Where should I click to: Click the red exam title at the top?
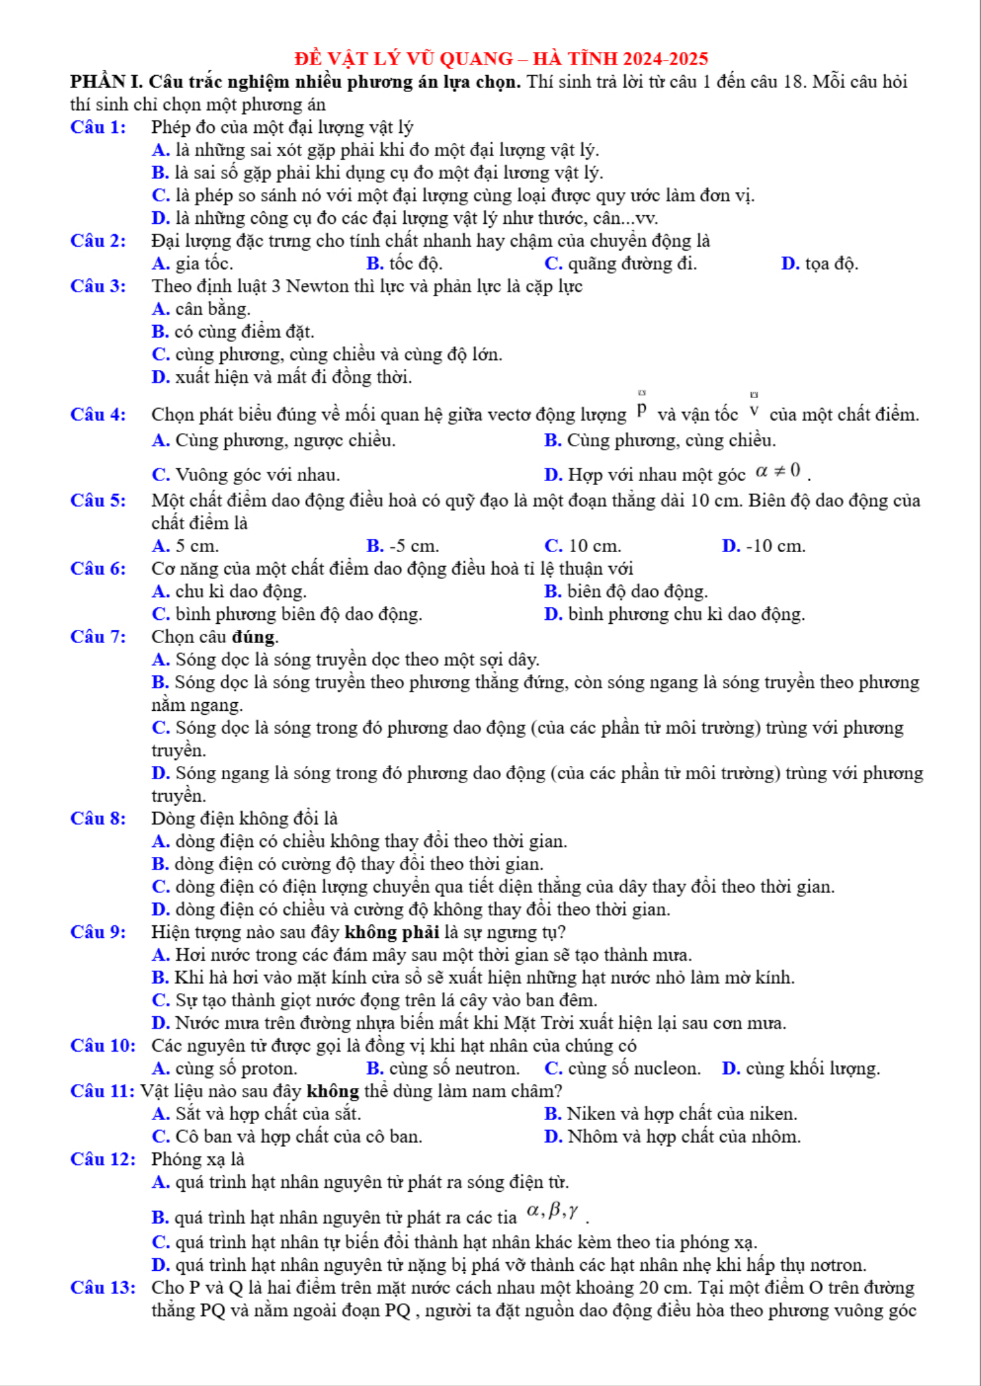[501, 59]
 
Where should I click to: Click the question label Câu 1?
[98, 127]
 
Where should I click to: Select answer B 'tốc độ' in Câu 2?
[404, 264]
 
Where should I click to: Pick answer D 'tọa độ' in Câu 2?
[820, 264]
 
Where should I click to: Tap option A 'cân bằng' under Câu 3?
[201, 309]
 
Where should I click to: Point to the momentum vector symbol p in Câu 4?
[642, 410]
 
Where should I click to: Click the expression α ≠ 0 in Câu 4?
[778, 471]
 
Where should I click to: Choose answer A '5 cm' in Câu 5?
[185, 546]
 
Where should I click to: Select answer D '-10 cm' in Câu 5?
[764, 546]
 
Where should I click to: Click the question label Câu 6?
[98, 569]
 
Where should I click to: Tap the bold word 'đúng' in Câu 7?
[254, 637]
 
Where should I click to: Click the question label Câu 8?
[98, 819]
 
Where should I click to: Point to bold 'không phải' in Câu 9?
[392, 933]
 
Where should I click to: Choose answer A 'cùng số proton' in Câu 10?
[224, 1069]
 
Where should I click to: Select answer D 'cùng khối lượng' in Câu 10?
[801, 1069]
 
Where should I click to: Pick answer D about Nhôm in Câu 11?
[672, 1137]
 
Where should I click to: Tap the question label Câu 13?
[103, 1288]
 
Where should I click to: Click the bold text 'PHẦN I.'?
[107, 82]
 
